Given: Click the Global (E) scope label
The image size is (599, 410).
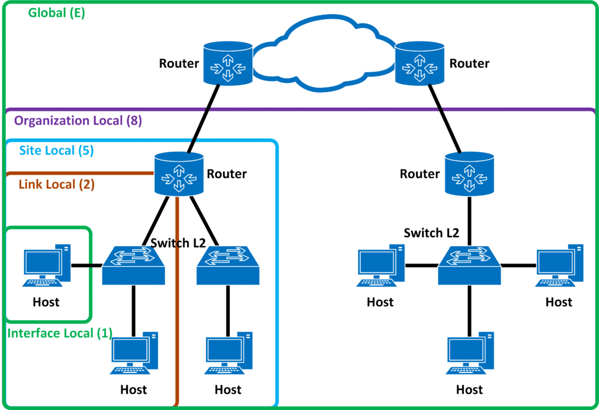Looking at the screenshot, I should (x=56, y=13).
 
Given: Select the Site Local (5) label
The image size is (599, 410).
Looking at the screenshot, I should (x=56, y=151).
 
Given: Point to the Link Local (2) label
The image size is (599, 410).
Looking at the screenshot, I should (x=56, y=184).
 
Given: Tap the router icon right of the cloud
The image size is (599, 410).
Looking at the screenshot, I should (x=419, y=62).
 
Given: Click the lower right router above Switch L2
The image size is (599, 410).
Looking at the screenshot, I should (x=468, y=173).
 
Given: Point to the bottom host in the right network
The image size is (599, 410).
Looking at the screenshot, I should (x=469, y=355).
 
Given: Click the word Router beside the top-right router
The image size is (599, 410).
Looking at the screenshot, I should (x=469, y=63).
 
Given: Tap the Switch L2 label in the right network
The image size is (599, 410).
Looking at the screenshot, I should (x=431, y=233).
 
